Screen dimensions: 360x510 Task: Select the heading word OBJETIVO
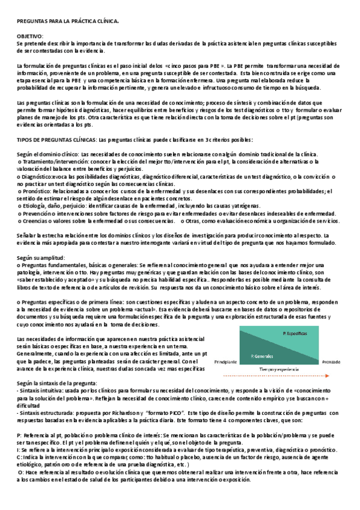[29, 36]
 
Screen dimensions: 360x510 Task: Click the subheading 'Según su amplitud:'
[40, 257]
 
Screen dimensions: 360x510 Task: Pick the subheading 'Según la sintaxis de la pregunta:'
[56, 382]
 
